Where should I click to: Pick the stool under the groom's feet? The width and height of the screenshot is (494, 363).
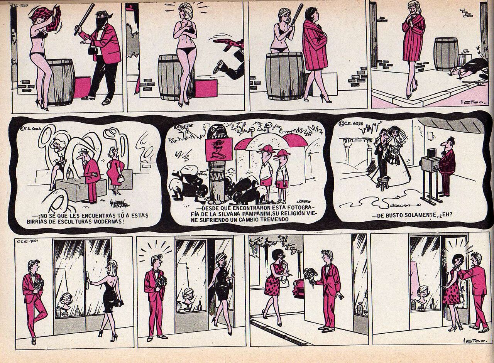tap(382, 183)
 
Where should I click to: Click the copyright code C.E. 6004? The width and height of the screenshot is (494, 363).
tap(30, 129)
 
